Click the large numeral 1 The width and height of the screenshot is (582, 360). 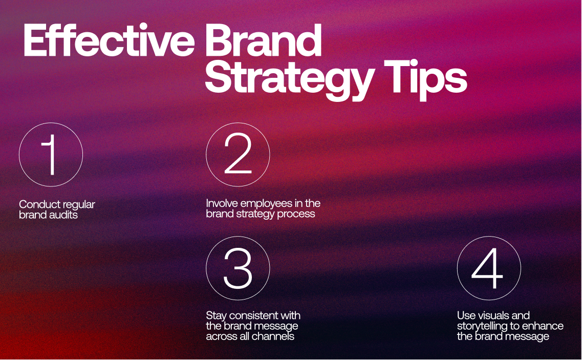pos(51,155)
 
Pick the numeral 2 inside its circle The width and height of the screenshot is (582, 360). pos(238,155)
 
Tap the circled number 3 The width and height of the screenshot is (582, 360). pos(238,268)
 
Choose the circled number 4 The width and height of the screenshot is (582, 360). pos(488,268)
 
